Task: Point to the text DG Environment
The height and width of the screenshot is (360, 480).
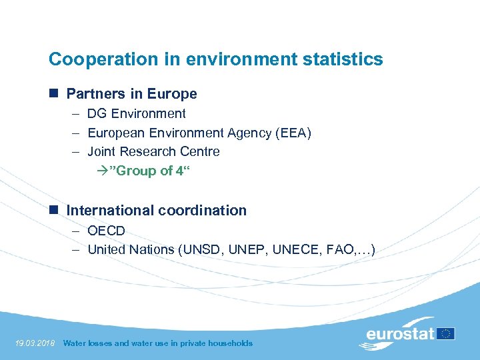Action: tap(137, 114)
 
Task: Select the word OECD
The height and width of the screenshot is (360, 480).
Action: tap(106, 231)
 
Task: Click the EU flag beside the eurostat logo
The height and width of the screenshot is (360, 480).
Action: tap(446, 333)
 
